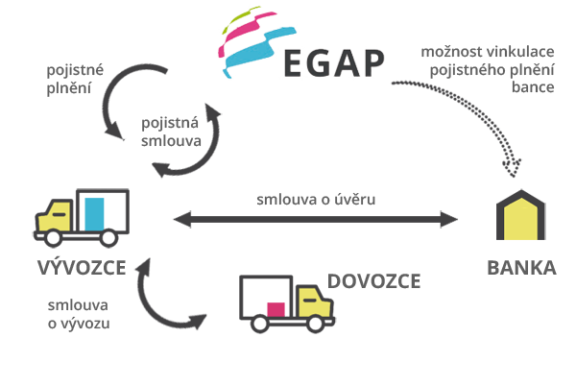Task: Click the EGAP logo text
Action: (334, 63)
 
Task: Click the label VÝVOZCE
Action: (82, 267)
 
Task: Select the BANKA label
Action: (521, 268)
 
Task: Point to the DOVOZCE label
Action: (373, 281)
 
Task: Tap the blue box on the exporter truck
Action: (94, 214)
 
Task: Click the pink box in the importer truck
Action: (276, 309)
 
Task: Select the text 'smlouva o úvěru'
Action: (316, 200)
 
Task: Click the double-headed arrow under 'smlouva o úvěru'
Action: (316, 219)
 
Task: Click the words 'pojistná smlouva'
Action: (171, 132)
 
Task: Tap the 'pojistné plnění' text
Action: (75, 79)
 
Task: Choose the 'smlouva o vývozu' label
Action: (79, 314)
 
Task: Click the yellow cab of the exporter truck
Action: (55, 216)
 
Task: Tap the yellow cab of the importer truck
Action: (315, 302)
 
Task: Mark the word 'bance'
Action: (533, 87)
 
